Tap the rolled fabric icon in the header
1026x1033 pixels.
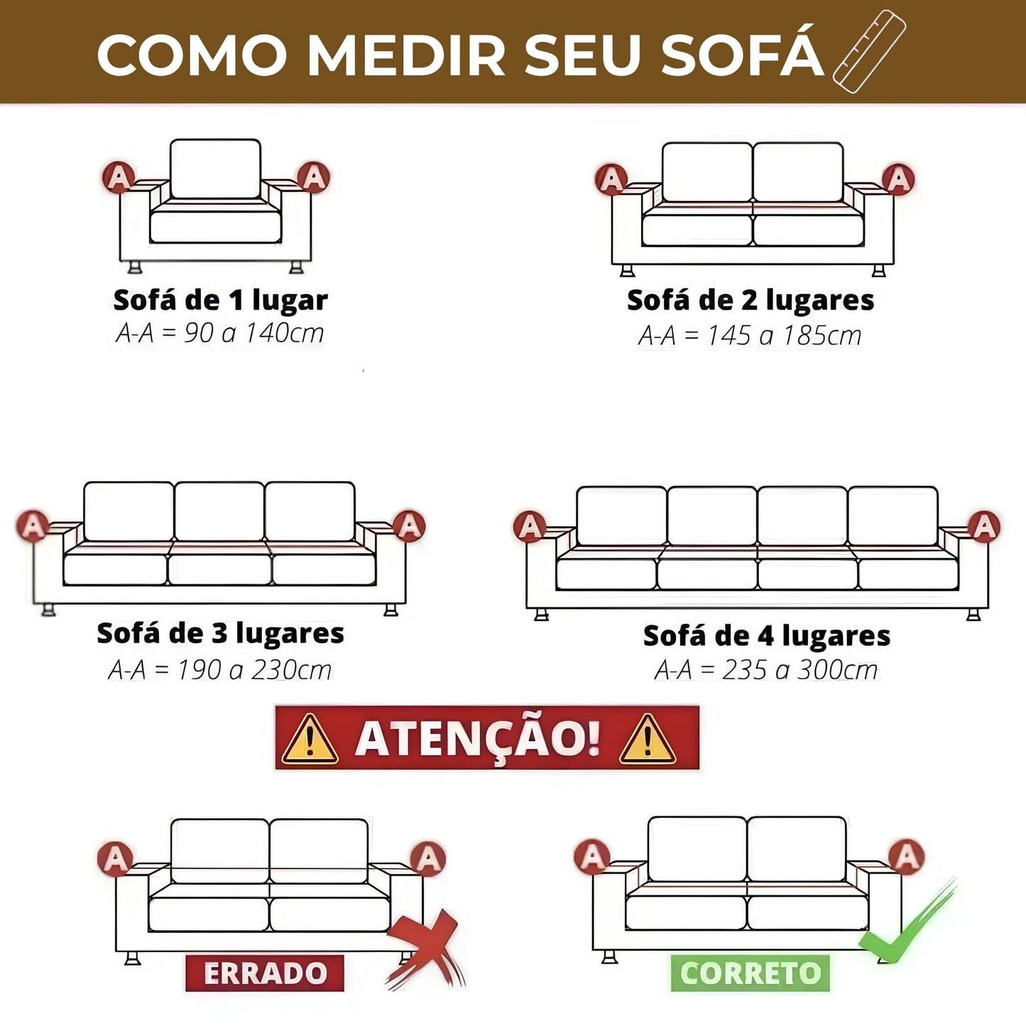click(869, 51)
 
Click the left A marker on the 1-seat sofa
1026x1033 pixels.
click(119, 178)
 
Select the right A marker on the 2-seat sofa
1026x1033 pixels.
click(898, 180)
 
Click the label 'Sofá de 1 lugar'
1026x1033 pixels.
click(220, 300)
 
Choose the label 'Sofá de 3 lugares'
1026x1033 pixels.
click(220, 633)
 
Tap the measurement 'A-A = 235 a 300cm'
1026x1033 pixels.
click(765, 669)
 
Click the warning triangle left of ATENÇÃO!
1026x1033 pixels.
click(309, 740)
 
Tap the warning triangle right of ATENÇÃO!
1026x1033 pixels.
click(647, 740)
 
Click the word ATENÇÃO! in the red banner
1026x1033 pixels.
click(478, 738)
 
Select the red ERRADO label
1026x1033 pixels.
click(265, 973)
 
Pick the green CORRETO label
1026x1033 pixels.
click(750, 973)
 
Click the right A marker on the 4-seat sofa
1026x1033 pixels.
click(984, 526)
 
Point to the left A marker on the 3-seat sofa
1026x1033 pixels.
click(33, 526)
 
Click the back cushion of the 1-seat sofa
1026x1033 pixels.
click(215, 168)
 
